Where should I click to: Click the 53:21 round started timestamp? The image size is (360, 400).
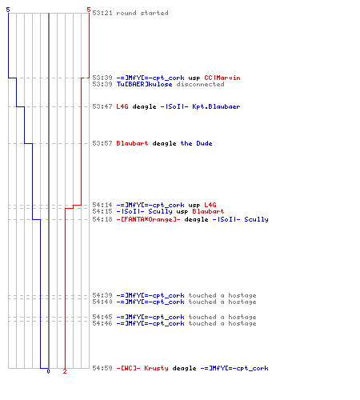(102, 13)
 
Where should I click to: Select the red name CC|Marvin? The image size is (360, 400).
(222, 78)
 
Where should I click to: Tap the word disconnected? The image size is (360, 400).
(200, 84)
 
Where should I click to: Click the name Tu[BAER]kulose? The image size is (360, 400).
(144, 84)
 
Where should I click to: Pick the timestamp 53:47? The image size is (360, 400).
(102, 106)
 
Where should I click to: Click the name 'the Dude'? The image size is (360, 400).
(196, 143)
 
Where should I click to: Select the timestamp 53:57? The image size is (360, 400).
(102, 143)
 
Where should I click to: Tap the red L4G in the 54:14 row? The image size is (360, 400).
(210, 205)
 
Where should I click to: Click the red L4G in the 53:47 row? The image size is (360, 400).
(122, 106)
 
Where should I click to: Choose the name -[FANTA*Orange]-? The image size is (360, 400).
(148, 219)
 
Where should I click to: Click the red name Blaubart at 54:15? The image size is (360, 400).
(208, 211)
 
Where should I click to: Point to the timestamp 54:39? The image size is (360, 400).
(102, 295)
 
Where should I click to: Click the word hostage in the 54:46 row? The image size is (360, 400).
(242, 323)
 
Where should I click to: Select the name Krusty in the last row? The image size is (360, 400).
(156, 368)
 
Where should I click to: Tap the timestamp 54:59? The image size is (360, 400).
(102, 368)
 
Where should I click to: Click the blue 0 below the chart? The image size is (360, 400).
(48, 371)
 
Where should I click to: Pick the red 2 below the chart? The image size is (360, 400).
(65, 371)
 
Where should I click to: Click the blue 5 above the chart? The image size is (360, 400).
(8, 10)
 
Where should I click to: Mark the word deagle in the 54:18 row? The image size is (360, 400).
(196, 219)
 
